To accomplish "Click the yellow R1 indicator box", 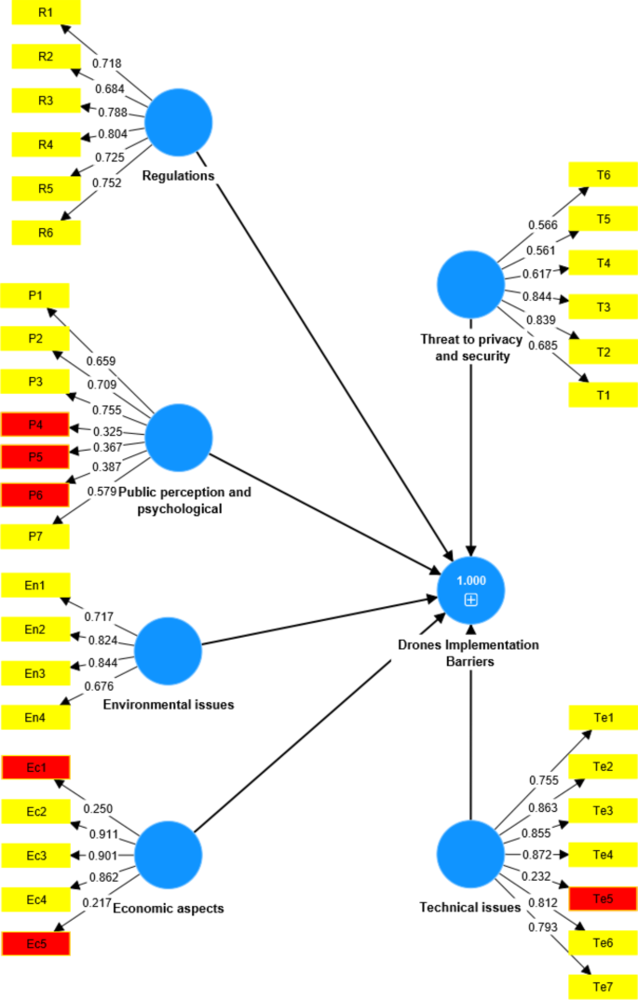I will click(x=46, y=12).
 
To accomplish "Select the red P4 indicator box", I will click(x=35, y=426).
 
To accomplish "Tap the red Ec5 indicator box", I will click(x=35, y=943).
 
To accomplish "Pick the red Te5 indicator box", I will click(x=603, y=898).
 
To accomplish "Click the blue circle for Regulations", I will click(x=179, y=121).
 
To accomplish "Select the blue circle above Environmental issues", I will click(x=169, y=649).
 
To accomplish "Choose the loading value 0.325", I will click(x=109, y=432).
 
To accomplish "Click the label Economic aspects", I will click(x=169, y=909).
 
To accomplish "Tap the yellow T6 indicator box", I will click(x=604, y=175).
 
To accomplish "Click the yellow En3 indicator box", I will click(x=35, y=672).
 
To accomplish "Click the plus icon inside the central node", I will click(x=471, y=600).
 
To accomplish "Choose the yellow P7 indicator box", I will click(x=35, y=536).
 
